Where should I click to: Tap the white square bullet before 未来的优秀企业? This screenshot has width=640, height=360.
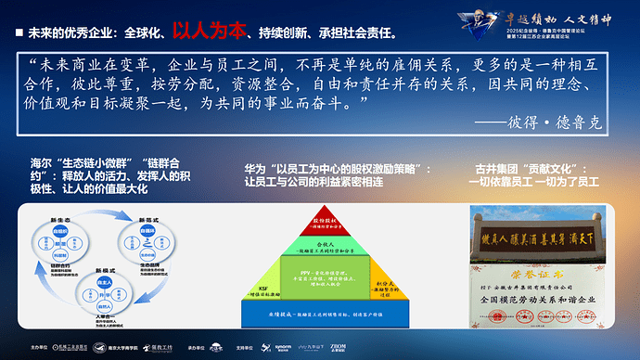19,32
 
